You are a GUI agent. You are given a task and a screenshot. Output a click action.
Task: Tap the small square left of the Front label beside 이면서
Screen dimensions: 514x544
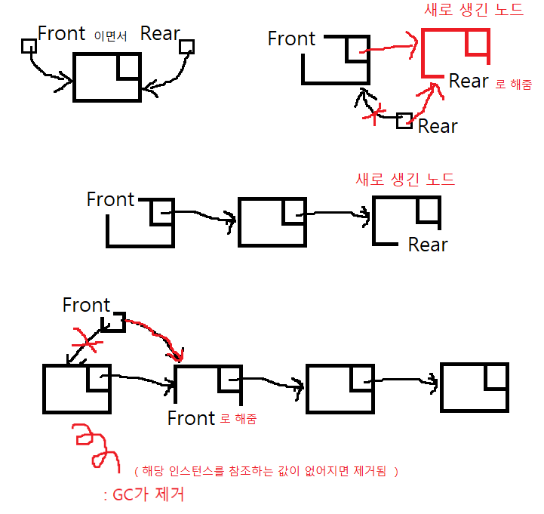pyautogui.click(x=28, y=46)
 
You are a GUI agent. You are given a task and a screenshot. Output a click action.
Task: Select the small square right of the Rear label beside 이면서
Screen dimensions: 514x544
pyautogui.click(x=187, y=47)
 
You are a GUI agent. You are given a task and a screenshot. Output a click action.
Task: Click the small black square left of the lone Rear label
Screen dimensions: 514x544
pyautogui.click(x=404, y=121)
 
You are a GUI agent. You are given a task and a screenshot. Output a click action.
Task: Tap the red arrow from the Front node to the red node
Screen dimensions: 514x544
pyautogui.click(x=389, y=48)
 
